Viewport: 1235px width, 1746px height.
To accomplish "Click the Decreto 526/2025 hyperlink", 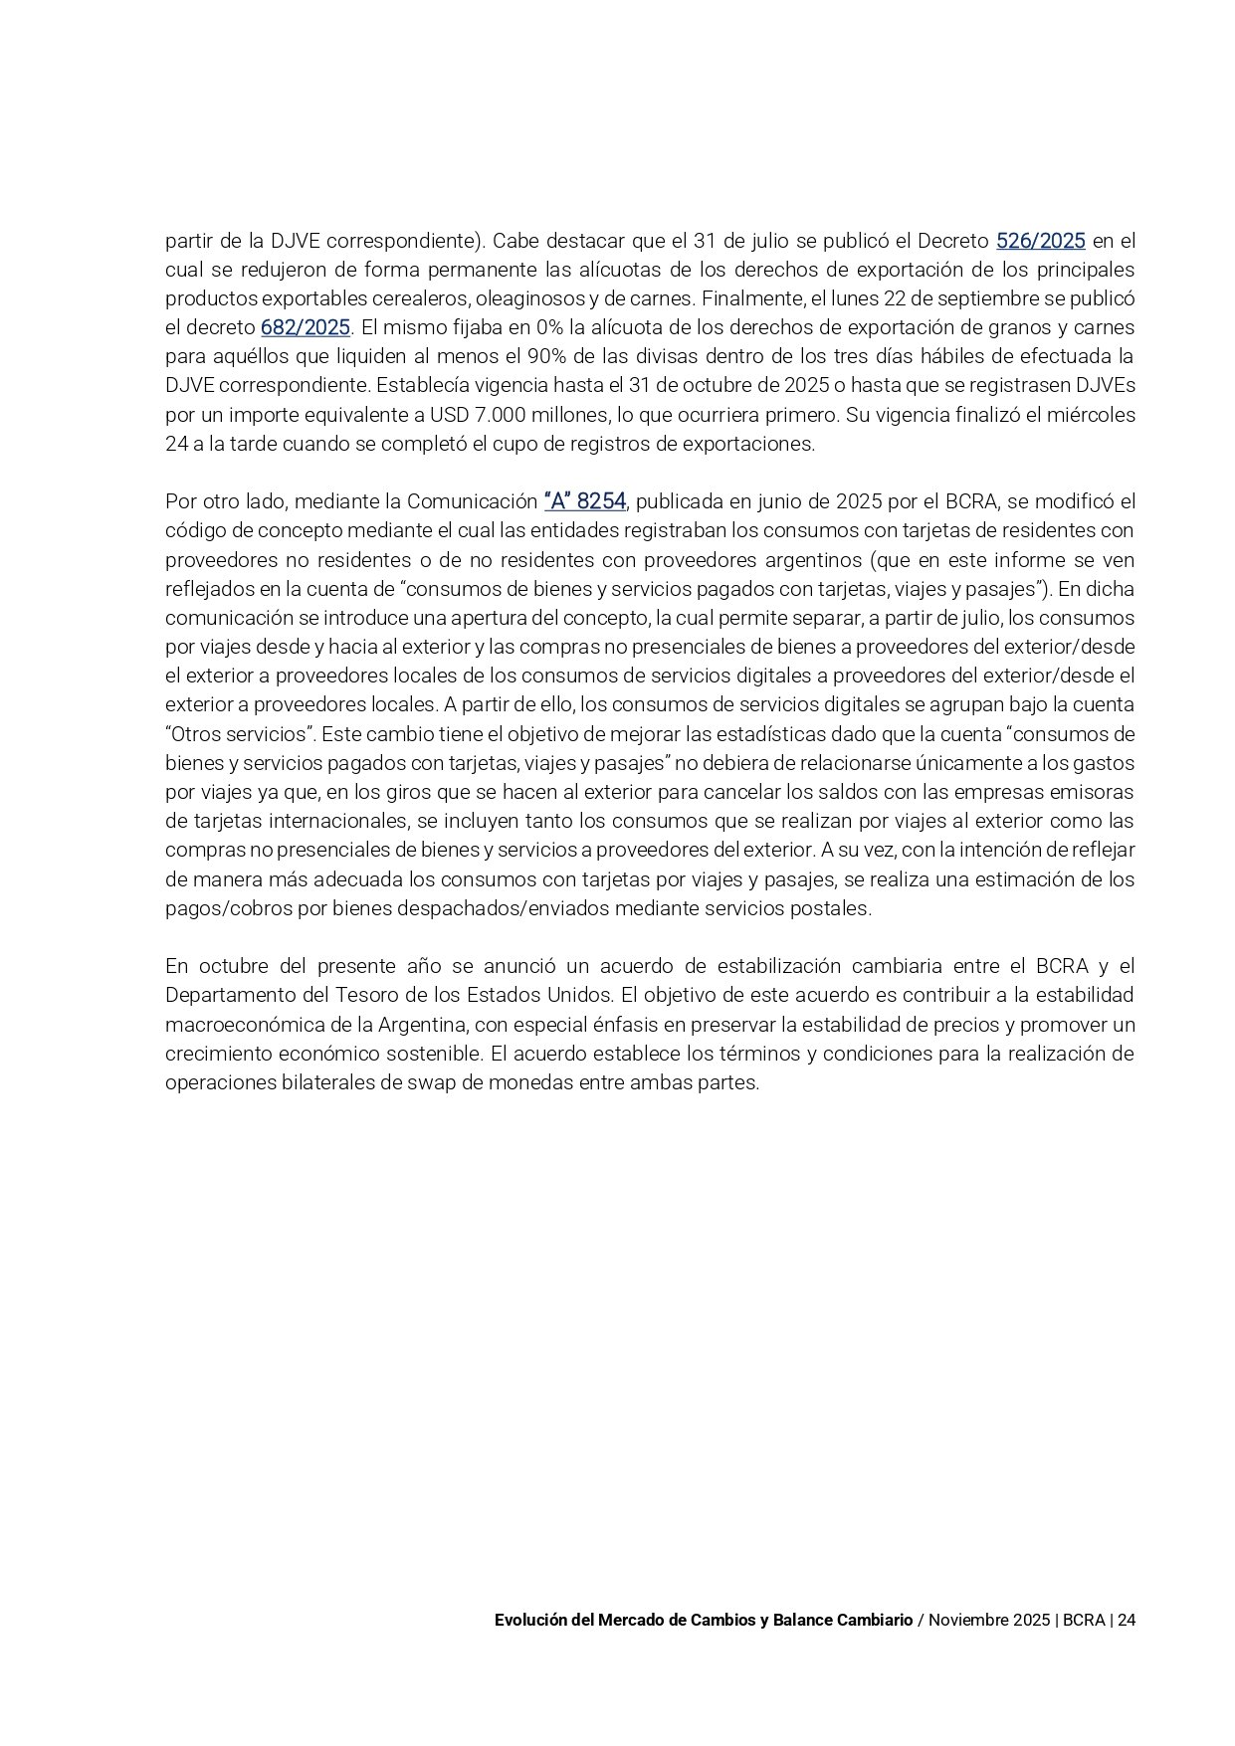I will point(1040,241).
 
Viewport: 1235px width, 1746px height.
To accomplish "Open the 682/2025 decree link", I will point(306,327).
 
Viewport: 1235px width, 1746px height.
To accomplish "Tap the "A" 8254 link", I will point(585,501).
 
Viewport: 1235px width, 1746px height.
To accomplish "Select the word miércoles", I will point(1094,415).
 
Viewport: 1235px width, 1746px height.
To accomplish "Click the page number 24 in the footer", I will point(1127,1620).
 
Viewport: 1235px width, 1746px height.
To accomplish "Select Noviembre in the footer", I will point(967,1620).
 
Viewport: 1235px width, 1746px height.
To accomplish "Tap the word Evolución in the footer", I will point(533,1620).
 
